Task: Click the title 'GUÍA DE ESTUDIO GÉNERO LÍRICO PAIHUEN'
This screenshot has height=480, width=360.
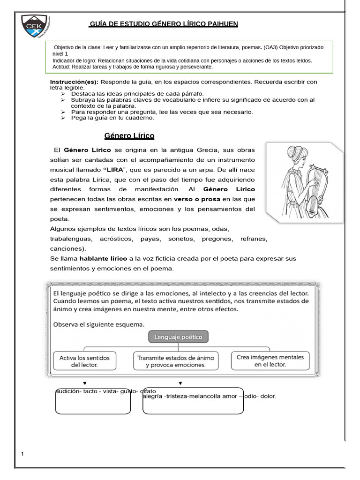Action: pyautogui.click(x=164, y=24)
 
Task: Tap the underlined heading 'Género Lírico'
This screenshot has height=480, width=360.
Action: pyautogui.click(x=129, y=136)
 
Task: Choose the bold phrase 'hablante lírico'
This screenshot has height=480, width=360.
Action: pyautogui.click(x=103, y=259)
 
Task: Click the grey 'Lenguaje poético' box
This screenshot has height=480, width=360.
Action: pyautogui.click(x=179, y=337)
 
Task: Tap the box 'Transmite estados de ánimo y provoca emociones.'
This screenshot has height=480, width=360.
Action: pyautogui.click(x=175, y=361)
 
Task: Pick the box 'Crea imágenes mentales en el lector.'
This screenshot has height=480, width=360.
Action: pyautogui.click(x=270, y=360)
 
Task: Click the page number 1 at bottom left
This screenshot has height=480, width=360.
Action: pyautogui.click(x=22, y=454)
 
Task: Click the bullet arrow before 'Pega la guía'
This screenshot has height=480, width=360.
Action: pyautogui.click(x=63, y=118)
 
